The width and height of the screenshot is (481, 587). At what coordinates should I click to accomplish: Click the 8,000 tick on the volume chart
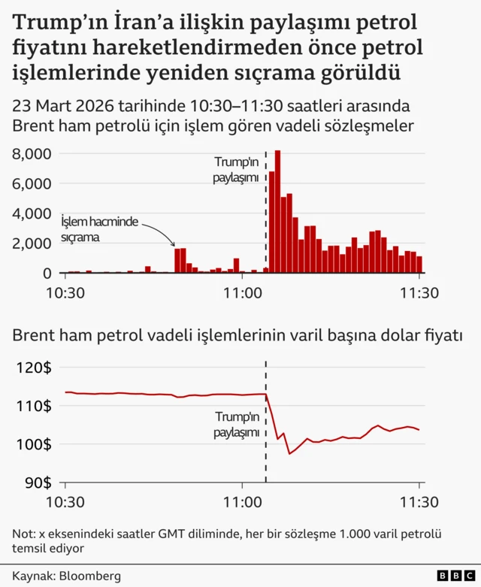[32, 154]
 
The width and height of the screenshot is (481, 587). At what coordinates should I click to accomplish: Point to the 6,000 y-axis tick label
[32, 183]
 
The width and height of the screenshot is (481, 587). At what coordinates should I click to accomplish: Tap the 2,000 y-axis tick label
[32, 244]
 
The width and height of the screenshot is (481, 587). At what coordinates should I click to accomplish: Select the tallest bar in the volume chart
[277, 210]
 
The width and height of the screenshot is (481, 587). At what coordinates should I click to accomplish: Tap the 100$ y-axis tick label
[33, 444]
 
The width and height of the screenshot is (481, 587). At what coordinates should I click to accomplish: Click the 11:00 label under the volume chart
[242, 293]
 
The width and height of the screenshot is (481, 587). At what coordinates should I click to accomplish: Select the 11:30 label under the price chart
[419, 501]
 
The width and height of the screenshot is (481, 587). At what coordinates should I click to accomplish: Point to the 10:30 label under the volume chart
[65, 293]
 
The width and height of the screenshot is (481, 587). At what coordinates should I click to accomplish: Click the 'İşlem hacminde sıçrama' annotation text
[100, 228]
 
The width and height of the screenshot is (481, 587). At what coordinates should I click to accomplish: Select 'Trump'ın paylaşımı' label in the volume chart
[236, 170]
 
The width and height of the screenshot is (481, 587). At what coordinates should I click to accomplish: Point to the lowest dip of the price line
[290, 454]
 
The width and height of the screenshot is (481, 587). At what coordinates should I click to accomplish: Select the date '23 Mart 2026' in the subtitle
[59, 104]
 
